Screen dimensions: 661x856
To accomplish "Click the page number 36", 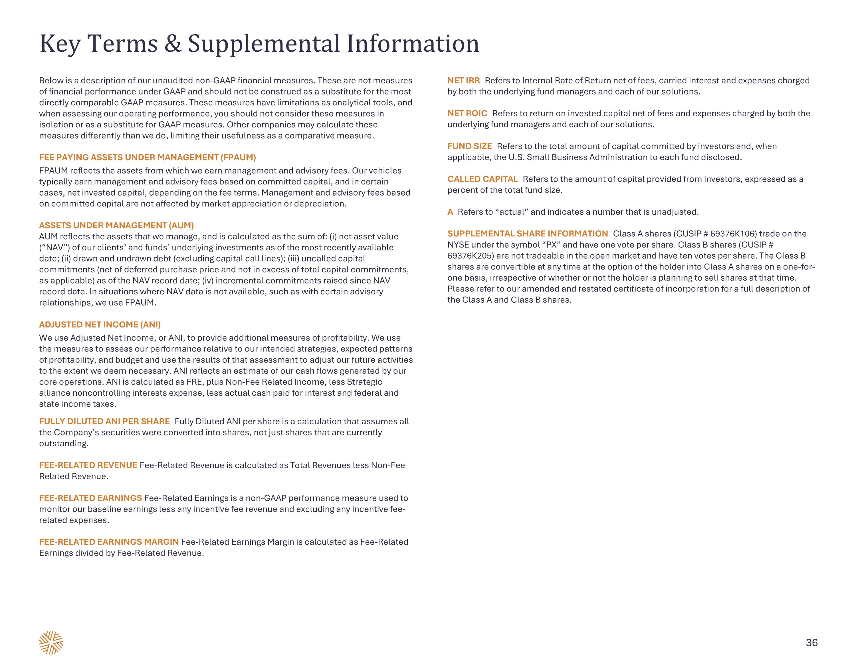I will point(811,642).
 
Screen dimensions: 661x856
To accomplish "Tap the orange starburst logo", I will point(51,642).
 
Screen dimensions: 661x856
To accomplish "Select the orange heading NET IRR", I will point(463,81).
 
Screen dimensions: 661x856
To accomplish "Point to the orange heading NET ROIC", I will point(467,113).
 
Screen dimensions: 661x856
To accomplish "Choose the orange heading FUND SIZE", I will point(470,146).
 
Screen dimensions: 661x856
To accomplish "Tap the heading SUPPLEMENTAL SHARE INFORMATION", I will point(528,234).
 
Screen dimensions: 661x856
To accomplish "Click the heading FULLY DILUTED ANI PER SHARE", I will point(104,421).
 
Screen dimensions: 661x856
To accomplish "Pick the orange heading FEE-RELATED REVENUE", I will point(88,465).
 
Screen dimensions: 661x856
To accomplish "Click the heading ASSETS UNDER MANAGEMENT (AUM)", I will point(116,226).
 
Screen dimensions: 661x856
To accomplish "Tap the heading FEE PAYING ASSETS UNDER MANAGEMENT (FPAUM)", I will point(147,157).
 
